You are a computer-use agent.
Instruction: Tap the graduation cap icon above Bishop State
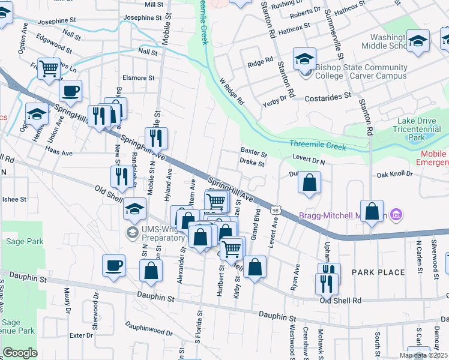pyautogui.click(x=304, y=59)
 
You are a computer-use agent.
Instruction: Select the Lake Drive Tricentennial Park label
pyautogui.click(x=418, y=128)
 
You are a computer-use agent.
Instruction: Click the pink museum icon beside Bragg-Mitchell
pyautogui.click(x=396, y=214)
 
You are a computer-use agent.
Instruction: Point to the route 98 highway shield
pyautogui.click(x=275, y=210)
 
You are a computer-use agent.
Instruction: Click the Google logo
pyautogui.click(x=20, y=352)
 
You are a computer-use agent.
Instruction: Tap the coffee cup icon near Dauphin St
pyautogui.click(x=113, y=265)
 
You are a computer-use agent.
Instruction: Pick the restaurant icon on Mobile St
pyautogui.click(x=156, y=139)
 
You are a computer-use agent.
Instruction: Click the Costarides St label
pyautogui.click(x=328, y=96)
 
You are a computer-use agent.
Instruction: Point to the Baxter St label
pyautogui.click(x=254, y=151)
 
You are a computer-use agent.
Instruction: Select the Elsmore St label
pyautogui.click(x=139, y=78)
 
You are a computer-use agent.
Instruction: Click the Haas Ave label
pyautogui.click(x=59, y=153)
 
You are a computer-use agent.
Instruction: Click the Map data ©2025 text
pyautogui.click(x=423, y=355)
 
